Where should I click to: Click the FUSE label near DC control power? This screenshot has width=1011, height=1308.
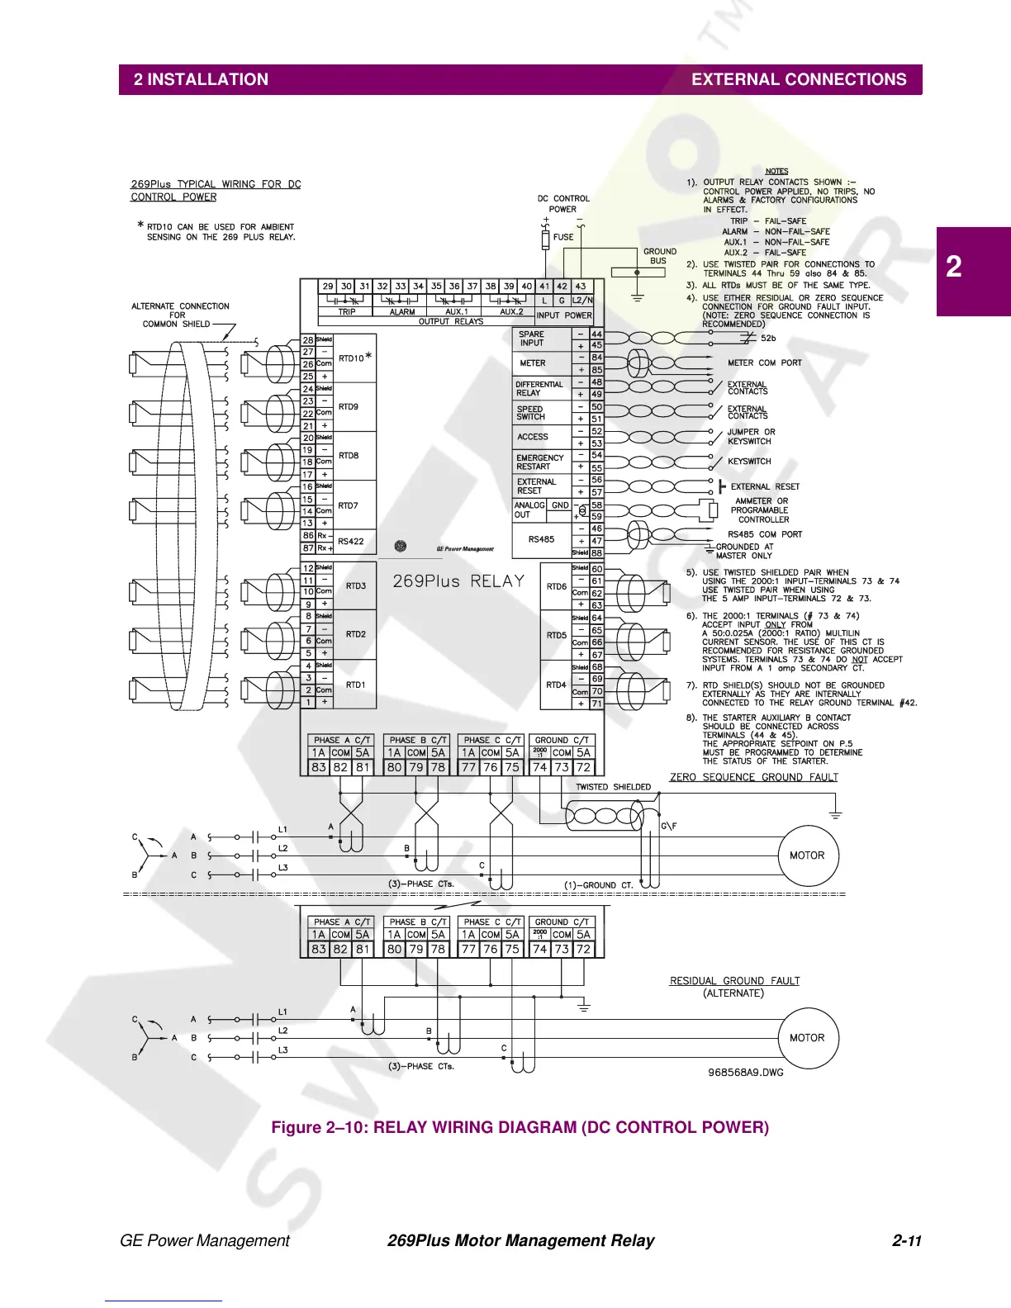point(563,237)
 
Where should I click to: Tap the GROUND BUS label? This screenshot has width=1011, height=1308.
point(659,256)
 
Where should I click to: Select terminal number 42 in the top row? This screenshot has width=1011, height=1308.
point(562,287)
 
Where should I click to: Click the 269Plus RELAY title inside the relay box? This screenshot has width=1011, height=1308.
point(458,581)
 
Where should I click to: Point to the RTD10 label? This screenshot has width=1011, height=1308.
point(351,358)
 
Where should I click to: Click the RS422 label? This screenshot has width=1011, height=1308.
point(351,542)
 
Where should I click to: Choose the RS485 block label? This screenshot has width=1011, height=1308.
point(541,539)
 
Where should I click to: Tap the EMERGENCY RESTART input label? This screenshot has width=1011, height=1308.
point(540,462)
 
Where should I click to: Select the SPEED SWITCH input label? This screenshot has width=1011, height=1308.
point(530,413)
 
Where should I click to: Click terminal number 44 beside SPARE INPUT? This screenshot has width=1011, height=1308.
point(596,334)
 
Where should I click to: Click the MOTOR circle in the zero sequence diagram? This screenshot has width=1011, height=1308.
point(807,855)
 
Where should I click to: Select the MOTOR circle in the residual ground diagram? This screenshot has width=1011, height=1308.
point(807,1038)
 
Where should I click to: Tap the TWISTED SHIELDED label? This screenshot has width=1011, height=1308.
point(613,787)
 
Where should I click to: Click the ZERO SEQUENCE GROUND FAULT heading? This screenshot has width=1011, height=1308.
point(753,777)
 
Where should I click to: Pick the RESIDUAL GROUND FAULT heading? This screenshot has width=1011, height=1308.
point(734,981)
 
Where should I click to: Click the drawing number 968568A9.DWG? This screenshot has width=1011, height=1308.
point(745,1072)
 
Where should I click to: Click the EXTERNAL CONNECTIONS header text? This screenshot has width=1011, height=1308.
point(798,80)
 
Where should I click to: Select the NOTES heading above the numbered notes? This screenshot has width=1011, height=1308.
point(776,172)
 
